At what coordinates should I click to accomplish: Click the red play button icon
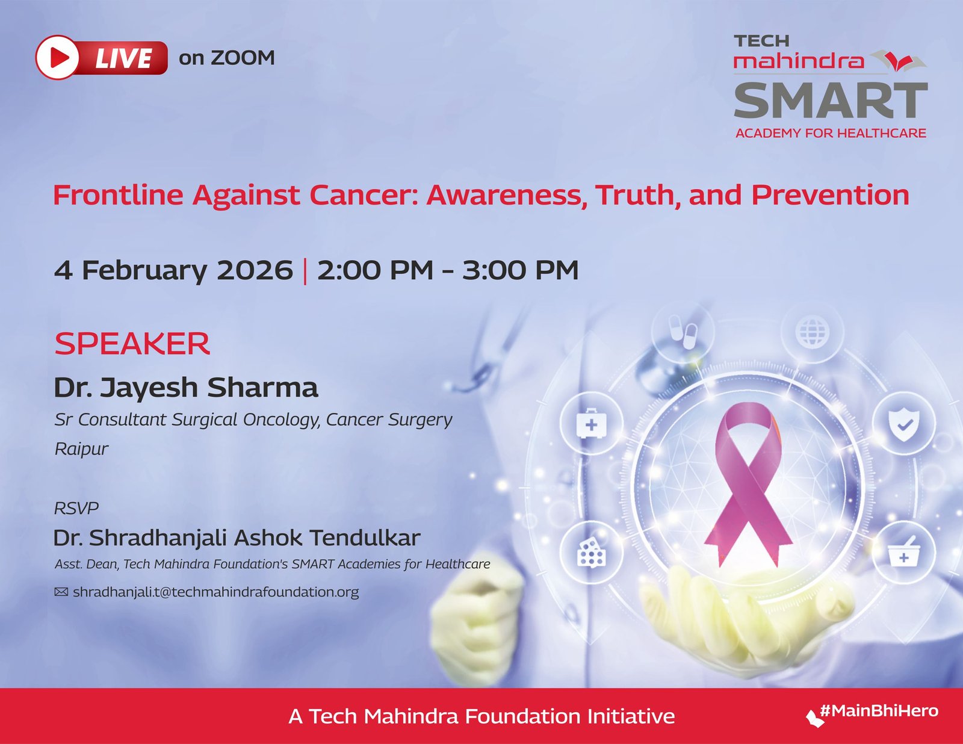[57, 58]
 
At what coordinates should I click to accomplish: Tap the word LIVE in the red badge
[123, 58]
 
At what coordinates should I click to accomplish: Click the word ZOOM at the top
[243, 58]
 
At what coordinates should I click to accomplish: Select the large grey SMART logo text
[831, 100]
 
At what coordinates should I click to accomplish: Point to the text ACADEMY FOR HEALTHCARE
[831, 133]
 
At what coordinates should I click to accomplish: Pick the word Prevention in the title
[830, 195]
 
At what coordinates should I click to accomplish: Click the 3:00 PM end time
[520, 270]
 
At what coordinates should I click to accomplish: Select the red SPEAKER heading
[132, 344]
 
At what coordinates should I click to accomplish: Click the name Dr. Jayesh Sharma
[186, 387]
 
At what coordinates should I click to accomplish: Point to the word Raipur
[81, 449]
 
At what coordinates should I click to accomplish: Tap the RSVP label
[76, 508]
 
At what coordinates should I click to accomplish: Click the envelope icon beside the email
[61, 592]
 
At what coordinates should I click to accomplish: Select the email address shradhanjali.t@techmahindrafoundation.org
[216, 592]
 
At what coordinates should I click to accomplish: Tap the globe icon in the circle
[812, 332]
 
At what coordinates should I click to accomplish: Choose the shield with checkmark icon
[904, 424]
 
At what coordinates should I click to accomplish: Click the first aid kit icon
[591, 424]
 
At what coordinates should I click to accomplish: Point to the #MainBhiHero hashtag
[879, 711]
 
